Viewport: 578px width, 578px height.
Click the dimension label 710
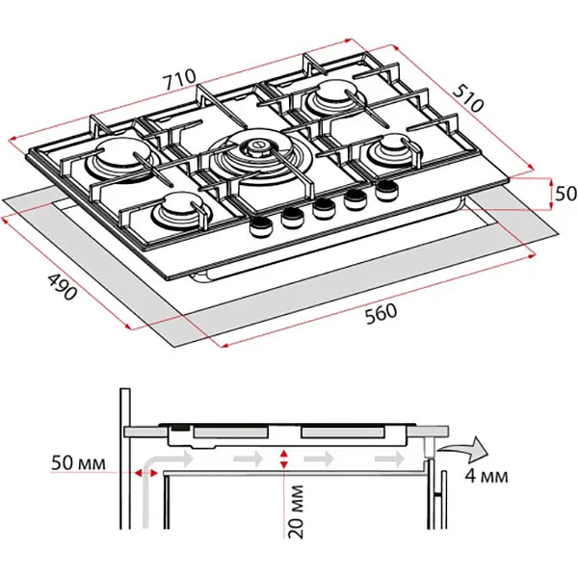(179, 76)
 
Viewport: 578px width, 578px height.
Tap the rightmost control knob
(386, 190)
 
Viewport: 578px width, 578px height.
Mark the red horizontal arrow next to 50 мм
(147, 474)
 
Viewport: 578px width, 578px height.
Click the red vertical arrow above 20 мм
(282, 459)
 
